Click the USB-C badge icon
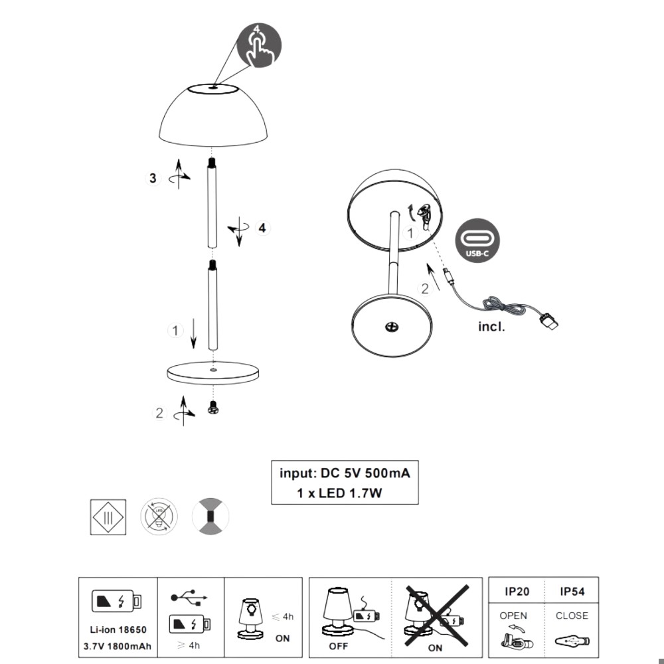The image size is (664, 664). coord(477,240)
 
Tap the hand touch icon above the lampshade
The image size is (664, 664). coord(259,45)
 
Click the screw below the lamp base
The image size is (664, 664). coord(213,408)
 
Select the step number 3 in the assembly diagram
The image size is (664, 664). coord(153,178)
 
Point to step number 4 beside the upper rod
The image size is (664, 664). coord(262,228)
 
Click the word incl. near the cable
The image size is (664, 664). coord(491,327)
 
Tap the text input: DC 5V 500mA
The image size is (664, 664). coord(345,473)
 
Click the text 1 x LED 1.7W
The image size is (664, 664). coord(339,493)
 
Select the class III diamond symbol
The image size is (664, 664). coord(108,517)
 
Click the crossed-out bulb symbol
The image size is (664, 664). coord(159,516)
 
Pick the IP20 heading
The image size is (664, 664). coord(517,592)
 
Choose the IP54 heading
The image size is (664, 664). coord(572,592)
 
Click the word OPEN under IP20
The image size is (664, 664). coord(513,616)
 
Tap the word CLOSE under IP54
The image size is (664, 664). coord(572,616)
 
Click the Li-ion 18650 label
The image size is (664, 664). coord(118,629)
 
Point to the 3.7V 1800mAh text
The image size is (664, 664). coord(118,647)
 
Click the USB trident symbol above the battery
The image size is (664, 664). coord(189,598)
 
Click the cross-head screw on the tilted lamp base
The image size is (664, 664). coord(392,327)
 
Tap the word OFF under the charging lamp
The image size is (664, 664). coord(339,646)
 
